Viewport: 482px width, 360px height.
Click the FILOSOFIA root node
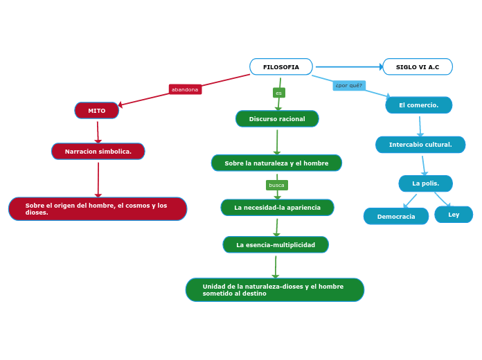click(280, 67)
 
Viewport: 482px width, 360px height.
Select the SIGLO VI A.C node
click(418, 67)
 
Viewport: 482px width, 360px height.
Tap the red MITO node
click(97, 111)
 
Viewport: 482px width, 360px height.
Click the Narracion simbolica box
click(98, 152)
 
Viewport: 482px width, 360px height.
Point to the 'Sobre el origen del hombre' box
click(98, 209)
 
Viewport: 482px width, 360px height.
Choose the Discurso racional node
click(277, 119)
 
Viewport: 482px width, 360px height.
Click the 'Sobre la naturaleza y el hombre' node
click(276, 163)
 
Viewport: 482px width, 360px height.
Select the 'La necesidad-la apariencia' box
click(277, 208)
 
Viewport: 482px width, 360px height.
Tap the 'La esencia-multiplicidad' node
click(276, 245)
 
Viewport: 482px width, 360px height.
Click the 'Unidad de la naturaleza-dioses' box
click(275, 290)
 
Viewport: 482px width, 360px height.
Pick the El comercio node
click(419, 105)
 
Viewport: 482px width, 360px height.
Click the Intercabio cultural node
click(420, 145)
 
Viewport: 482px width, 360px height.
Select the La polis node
click(425, 183)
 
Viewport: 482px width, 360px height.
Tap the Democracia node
click(396, 217)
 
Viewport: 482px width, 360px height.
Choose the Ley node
click(454, 215)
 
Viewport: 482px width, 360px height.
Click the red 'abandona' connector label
click(185, 89)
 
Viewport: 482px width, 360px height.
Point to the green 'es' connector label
click(278, 93)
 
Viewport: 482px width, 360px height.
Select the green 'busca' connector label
click(276, 185)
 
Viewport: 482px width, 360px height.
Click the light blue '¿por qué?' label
click(349, 86)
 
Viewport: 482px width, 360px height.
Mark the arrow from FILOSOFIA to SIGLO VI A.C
click(348, 67)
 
